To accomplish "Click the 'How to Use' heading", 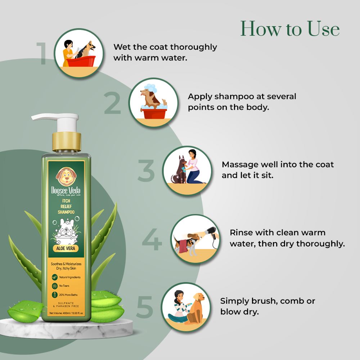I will coord(290,28).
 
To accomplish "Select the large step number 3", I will coord(146,171).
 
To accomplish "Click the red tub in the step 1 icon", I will coord(81,61).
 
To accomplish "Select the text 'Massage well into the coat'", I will coord(278,165).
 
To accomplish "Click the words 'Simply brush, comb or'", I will coord(268,301).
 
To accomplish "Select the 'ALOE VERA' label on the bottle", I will coord(66,248).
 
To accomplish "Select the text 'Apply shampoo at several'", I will coord(242,96).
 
